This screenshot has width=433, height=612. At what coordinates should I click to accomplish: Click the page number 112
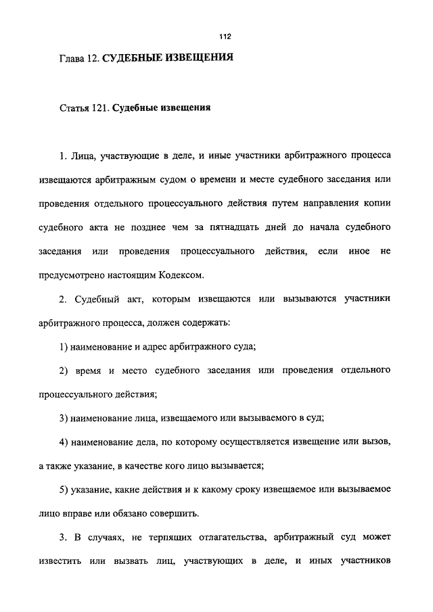point(216,35)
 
